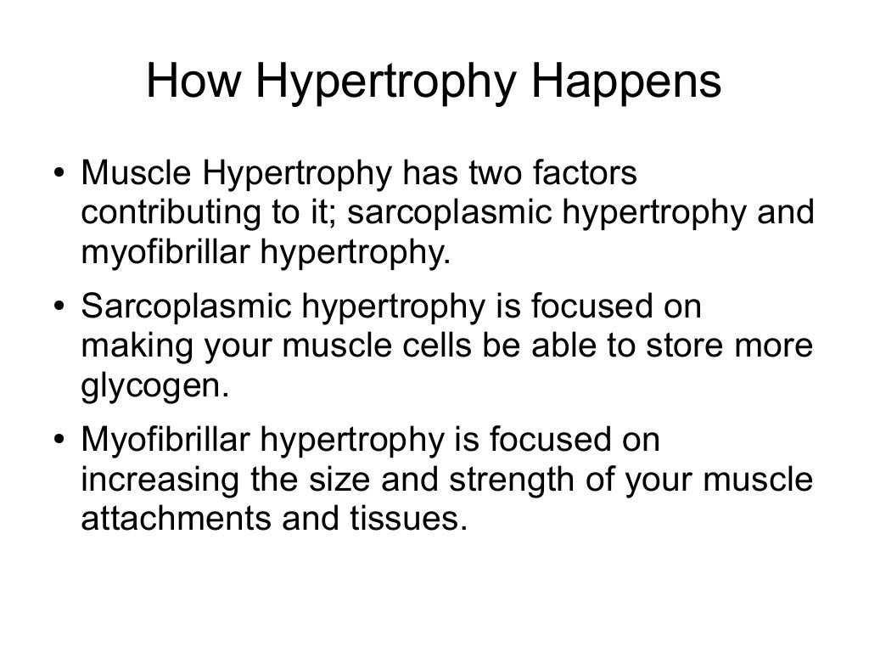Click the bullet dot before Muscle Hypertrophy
[x=59, y=175]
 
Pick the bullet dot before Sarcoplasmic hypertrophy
[x=59, y=308]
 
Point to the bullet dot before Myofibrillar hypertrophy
[x=59, y=441]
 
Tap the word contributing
[x=171, y=213]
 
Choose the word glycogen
[x=154, y=386]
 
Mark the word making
[x=131, y=346]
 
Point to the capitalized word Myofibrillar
[x=165, y=441]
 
